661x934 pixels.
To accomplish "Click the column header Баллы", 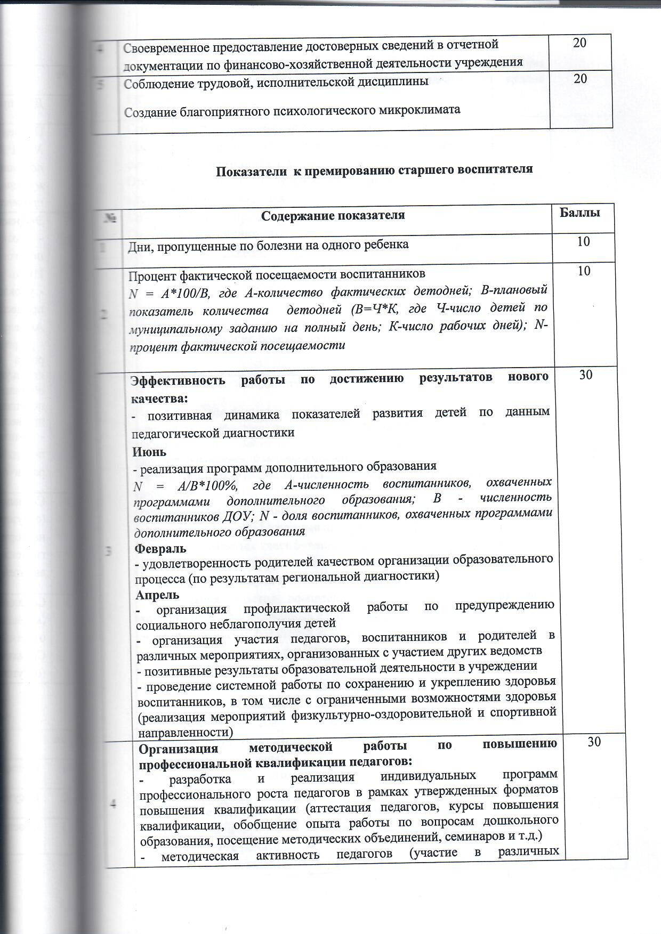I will (581, 213).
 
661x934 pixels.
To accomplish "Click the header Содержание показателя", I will (333, 215).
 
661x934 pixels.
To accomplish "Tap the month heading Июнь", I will (149, 452).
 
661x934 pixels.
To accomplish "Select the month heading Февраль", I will (160, 548).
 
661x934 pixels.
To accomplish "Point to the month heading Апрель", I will (157, 595).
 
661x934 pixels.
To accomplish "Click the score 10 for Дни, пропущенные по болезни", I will (584, 241).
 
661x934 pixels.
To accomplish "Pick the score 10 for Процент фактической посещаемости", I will (584, 271).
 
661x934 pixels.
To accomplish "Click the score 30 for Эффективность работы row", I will (586, 375).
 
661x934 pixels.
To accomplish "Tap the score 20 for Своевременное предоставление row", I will (580, 43).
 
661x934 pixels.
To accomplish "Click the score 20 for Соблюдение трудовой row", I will (581, 78).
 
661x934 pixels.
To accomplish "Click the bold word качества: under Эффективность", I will (159, 398).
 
